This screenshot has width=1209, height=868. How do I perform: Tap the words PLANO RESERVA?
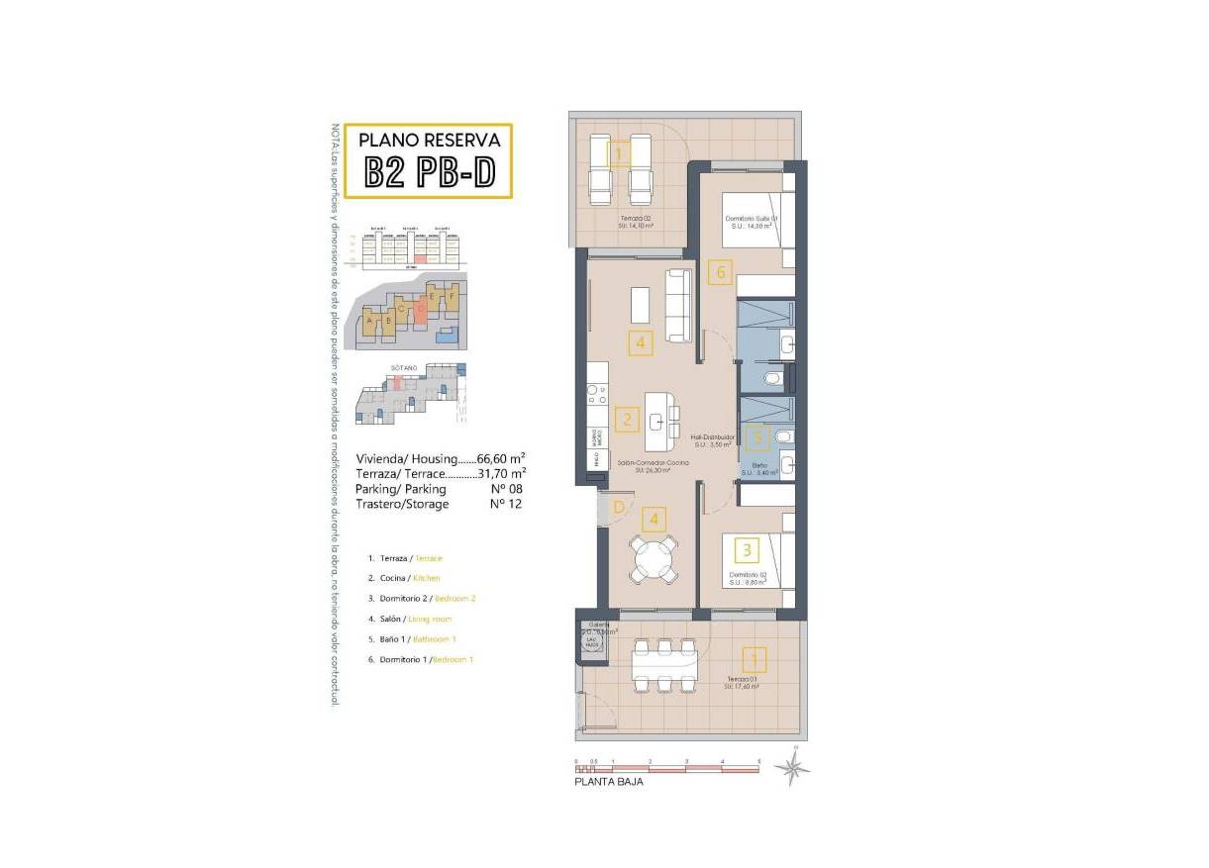[x=429, y=140]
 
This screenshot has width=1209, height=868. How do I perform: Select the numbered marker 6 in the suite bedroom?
[x=722, y=270]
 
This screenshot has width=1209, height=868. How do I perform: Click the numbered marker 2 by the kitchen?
[x=626, y=420]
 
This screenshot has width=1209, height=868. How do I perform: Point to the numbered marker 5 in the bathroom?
[x=757, y=434]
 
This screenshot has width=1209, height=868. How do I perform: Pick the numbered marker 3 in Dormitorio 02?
[x=747, y=548]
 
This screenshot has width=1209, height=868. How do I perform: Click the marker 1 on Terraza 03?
[x=754, y=659]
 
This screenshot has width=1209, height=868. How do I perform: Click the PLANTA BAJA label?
[x=609, y=782]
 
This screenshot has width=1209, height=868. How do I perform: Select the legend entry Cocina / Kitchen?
[x=403, y=578]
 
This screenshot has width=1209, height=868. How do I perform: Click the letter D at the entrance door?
[x=619, y=509]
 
